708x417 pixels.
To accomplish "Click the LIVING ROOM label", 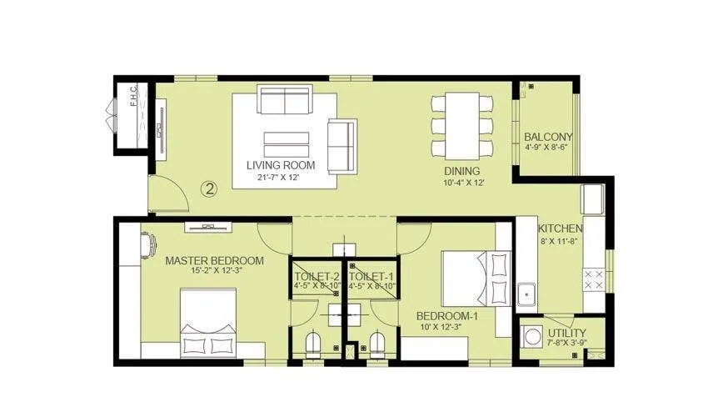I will (x=280, y=164).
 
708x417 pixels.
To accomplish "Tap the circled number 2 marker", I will (x=209, y=189).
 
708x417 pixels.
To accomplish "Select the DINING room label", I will (x=463, y=170).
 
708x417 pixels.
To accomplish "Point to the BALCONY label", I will (x=547, y=138).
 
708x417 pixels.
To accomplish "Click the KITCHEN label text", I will (x=560, y=229).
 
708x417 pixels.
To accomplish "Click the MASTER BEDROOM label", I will (x=214, y=261).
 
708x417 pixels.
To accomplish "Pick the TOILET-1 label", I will (x=371, y=276).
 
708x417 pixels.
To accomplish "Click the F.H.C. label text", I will (x=132, y=99).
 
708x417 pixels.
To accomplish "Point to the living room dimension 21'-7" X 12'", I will (x=280, y=177).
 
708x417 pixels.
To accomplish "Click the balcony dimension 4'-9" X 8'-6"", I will (x=547, y=148).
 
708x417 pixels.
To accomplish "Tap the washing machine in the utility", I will (x=533, y=338).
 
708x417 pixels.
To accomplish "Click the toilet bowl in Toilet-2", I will (x=313, y=344).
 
